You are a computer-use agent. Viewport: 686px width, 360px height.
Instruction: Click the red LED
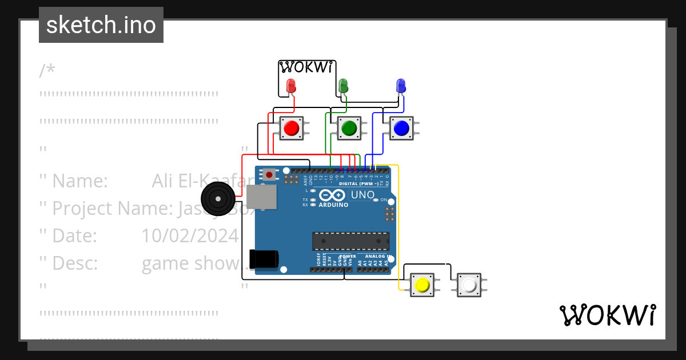[x=291, y=86]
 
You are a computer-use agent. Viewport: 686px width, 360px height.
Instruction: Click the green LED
[x=344, y=86]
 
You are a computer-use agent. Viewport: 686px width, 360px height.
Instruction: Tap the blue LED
[x=401, y=86]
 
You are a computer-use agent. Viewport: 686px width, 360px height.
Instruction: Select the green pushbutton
[x=348, y=128]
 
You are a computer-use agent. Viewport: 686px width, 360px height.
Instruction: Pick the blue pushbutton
[x=401, y=128]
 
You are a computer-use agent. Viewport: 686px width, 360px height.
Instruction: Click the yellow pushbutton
[x=422, y=285]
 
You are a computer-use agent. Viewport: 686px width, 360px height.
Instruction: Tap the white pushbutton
[x=469, y=285]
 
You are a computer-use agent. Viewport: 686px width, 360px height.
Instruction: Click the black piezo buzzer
[x=218, y=198]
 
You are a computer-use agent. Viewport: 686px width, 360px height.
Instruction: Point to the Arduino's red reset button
[x=269, y=174]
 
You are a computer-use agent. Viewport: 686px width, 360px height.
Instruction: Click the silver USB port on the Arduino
[x=261, y=196]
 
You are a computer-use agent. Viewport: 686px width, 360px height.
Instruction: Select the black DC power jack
[x=264, y=259]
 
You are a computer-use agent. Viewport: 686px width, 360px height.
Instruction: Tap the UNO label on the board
[x=362, y=195]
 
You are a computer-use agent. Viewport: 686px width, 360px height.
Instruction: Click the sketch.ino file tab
[x=101, y=25]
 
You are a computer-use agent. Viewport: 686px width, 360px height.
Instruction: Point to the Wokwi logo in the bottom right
[x=607, y=315]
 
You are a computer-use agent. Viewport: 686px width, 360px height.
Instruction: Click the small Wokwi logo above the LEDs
[x=306, y=67]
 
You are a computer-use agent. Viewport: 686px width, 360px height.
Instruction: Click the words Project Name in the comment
[x=112, y=209]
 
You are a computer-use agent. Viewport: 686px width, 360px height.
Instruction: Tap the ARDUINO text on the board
[x=332, y=205]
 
